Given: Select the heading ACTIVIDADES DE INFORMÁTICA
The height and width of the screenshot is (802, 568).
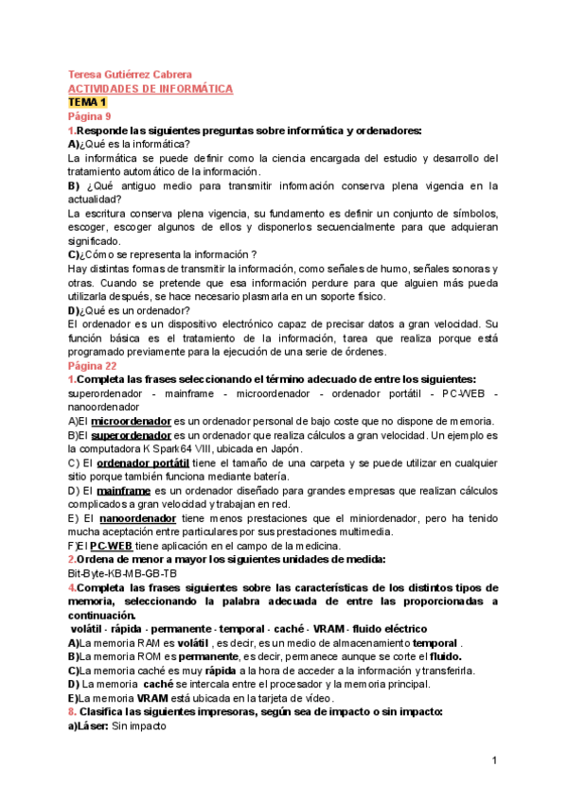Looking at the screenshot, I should click(x=151, y=88).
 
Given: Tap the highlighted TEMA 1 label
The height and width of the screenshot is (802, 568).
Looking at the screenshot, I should click(x=88, y=101).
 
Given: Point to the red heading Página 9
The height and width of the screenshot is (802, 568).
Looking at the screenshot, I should click(x=90, y=115).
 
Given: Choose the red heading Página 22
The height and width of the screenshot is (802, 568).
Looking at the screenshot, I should click(x=93, y=365).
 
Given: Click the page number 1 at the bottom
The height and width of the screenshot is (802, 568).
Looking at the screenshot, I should click(x=494, y=761).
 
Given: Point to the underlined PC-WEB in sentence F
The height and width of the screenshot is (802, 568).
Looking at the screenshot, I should click(x=111, y=547).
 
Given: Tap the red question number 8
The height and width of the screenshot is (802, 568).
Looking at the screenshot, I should click(x=71, y=711).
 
